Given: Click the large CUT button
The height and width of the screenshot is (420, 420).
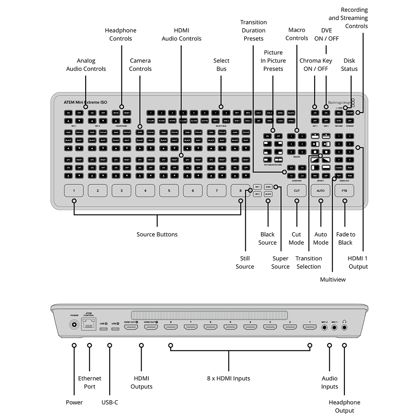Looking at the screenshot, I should [x=297, y=190].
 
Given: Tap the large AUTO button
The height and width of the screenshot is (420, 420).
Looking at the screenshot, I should [x=320, y=190].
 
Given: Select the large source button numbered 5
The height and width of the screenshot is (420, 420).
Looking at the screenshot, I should [x=169, y=190].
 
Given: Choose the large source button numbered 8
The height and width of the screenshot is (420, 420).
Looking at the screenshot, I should [x=241, y=190].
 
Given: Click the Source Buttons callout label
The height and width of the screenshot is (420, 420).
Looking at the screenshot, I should [x=157, y=234].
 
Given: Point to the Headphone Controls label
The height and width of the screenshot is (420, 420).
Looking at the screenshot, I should [x=121, y=34].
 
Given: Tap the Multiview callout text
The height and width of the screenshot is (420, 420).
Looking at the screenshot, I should [x=332, y=279].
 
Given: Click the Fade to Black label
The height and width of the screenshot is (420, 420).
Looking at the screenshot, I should [x=346, y=239].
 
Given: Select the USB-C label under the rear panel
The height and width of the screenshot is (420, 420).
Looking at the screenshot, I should [x=110, y=402].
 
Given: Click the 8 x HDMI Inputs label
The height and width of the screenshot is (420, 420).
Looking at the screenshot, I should [x=228, y=378].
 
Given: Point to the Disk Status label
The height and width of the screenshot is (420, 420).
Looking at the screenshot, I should [x=349, y=65].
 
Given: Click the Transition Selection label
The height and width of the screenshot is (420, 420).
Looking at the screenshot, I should [x=309, y=262].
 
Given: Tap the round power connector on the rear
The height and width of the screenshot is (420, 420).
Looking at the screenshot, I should [x=74, y=325].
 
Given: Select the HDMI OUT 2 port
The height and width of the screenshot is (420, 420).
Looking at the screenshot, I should [x=131, y=327].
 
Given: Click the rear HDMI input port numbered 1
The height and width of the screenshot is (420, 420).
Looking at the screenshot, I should [x=310, y=327].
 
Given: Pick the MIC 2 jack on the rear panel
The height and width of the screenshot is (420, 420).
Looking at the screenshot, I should [x=324, y=327].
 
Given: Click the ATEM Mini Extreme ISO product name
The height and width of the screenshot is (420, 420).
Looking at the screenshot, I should [x=85, y=102].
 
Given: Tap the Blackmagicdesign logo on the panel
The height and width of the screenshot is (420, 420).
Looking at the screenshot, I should [x=339, y=102].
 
